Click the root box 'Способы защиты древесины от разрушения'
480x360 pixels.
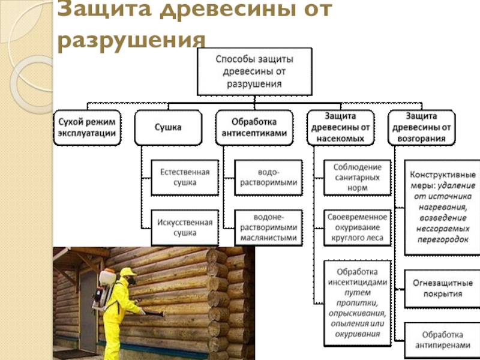254,71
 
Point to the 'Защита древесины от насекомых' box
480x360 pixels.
341,128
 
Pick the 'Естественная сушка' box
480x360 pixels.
184,177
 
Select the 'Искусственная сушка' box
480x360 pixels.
184,227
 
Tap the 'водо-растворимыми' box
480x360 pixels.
268,177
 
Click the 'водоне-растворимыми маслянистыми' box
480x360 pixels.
268,227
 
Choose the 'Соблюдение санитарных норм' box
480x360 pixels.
357,177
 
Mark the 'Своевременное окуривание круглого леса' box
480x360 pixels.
357,227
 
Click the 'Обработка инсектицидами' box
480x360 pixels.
357,299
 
